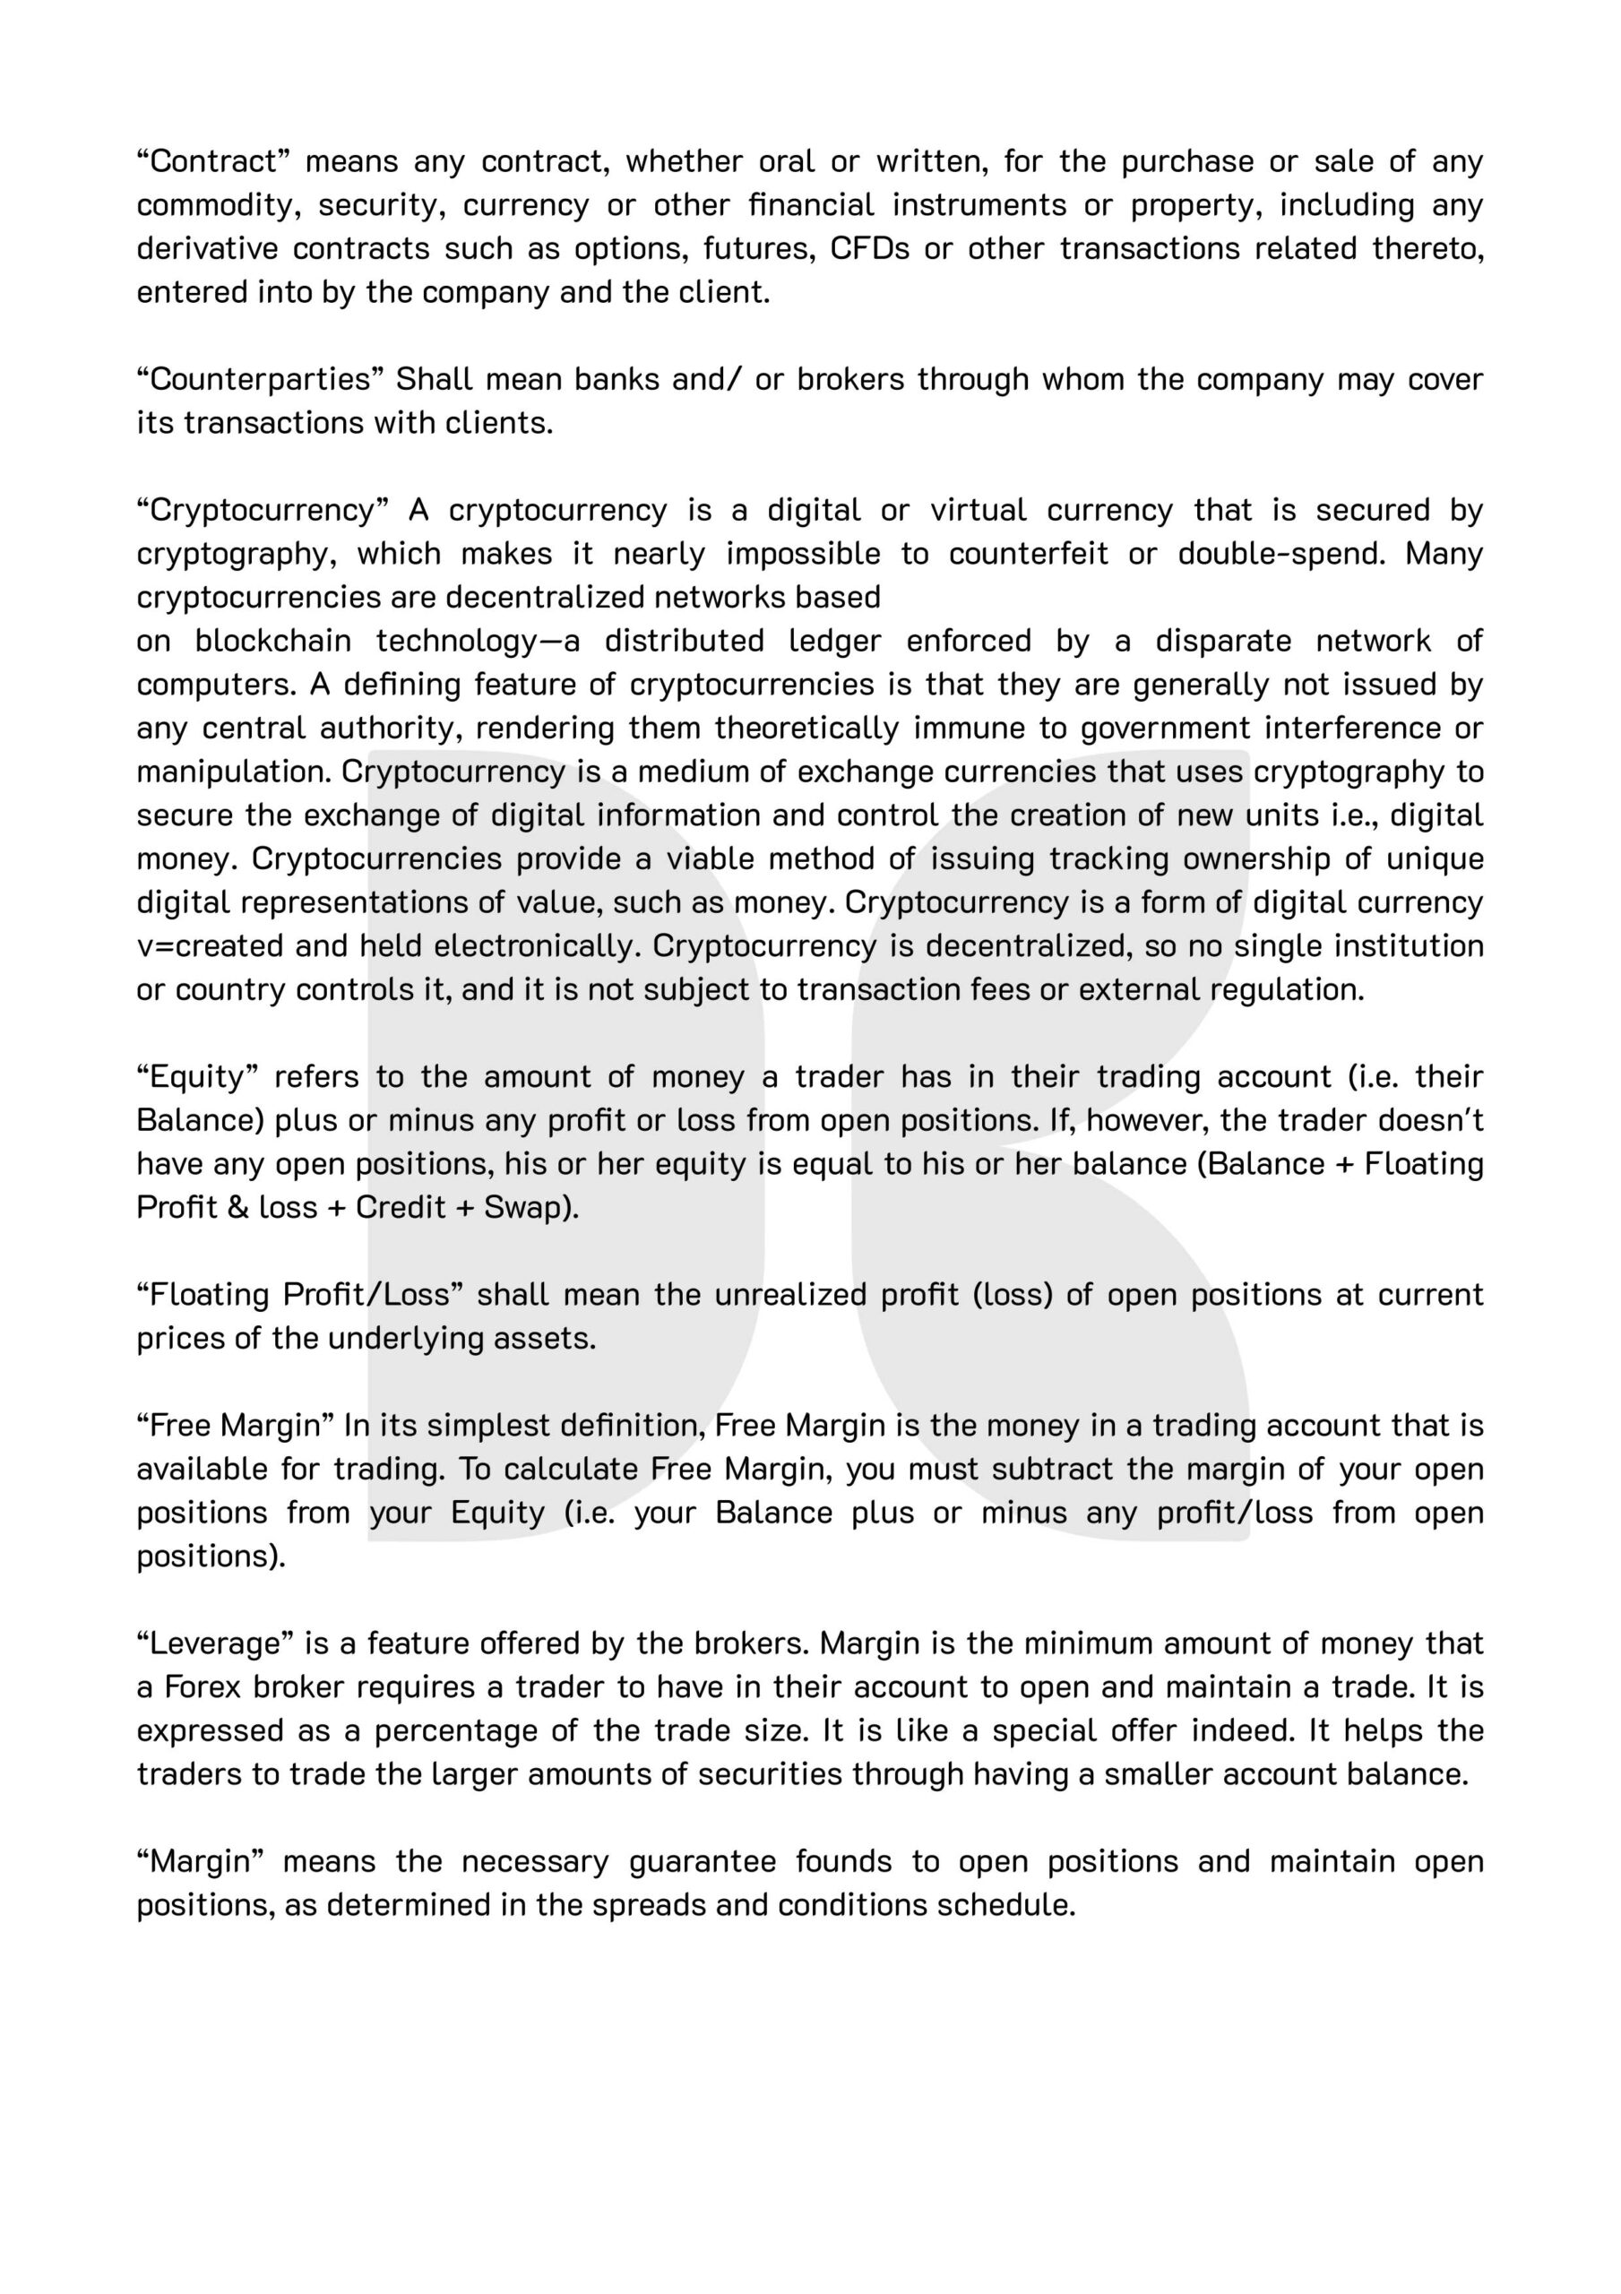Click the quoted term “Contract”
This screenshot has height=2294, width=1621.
click(213, 161)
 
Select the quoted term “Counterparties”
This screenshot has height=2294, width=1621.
click(259, 379)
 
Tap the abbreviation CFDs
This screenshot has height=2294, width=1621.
click(869, 248)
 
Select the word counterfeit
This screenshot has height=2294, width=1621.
click(1029, 554)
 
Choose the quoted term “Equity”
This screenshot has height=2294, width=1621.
click(198, 1077)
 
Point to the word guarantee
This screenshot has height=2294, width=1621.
click(703, 1861)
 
